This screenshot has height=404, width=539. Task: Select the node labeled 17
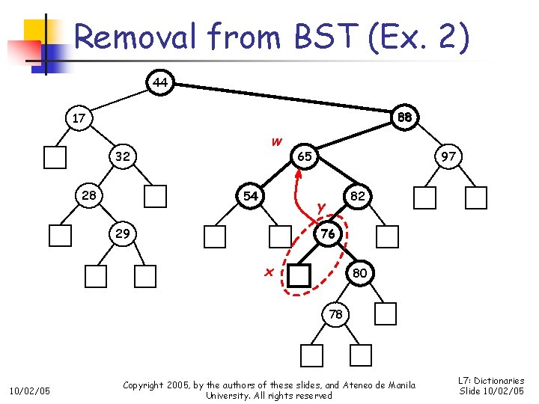78,118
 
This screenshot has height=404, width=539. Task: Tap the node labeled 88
405,117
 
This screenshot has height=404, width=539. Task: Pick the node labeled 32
122,157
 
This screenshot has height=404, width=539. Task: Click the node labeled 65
304,157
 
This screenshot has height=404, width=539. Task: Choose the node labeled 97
448,157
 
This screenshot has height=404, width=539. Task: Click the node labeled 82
358,196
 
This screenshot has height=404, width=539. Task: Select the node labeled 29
122,233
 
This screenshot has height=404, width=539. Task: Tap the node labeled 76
327,233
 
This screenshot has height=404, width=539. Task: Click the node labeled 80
359,273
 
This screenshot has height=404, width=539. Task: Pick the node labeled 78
335,314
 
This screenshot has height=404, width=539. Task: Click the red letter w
276,141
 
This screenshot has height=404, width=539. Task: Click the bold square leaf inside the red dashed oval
299,276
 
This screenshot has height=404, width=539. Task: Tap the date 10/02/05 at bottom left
29,390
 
